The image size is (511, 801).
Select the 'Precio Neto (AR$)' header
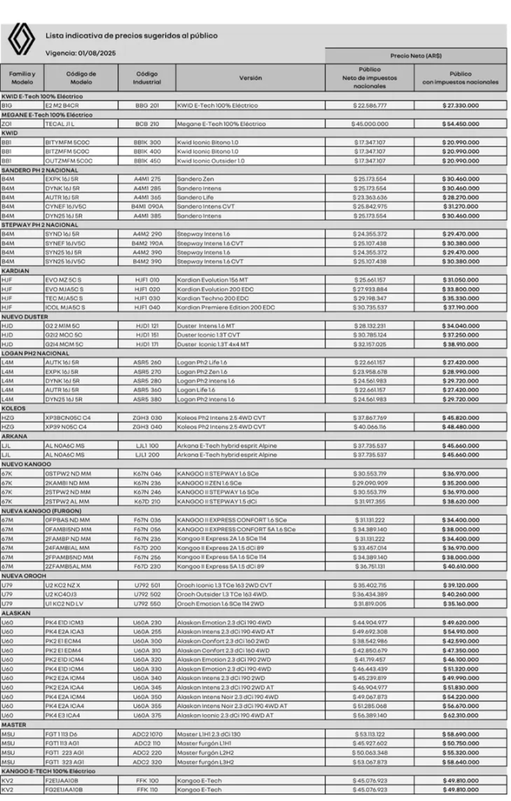[416, 56]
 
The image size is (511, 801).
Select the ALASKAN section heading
[16, 613]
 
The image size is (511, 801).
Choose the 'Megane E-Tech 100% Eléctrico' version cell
[221, 124]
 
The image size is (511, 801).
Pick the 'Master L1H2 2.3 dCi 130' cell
[207, 734]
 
